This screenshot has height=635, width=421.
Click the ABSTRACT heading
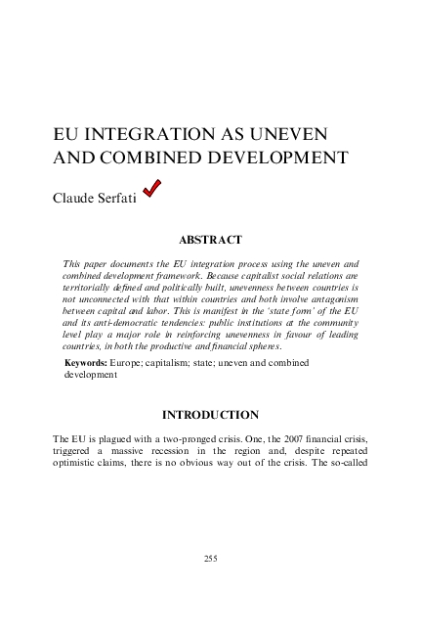pyautogui.click(x=210, y=239)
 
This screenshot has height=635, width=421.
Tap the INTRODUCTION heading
pyautogui.click(x=210, y=415)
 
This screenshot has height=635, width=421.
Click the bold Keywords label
pyautogui.click(x=86, y=363)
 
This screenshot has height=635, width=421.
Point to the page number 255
pyautogui.click(x=210, y=558)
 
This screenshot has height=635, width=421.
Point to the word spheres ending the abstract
pyautogui.click(x=262, y=346)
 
